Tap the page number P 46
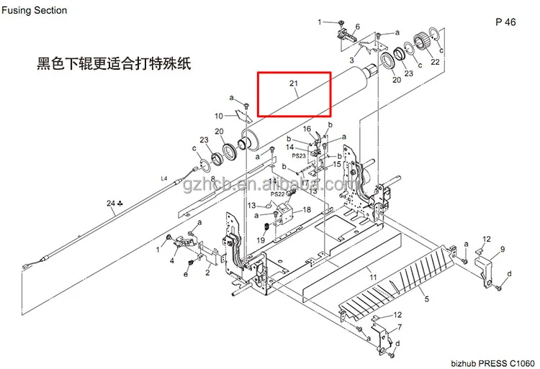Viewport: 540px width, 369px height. (505, 22)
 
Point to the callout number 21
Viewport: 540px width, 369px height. (294, 84)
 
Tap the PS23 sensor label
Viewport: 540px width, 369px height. (299, 155)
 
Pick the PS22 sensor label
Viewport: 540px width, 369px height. (278, 194)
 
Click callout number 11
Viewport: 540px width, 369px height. (372, 277)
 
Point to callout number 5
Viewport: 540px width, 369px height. (426, 299)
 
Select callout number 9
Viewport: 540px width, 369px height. (503, 249)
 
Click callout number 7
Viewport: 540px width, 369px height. (400, 327)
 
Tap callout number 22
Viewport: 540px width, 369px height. (435, 62)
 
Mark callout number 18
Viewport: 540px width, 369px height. (307, 209)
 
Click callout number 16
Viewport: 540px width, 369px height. (307, 129)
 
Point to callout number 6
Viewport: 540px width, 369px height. (357, 27)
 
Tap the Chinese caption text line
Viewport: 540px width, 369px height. (115, 63)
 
